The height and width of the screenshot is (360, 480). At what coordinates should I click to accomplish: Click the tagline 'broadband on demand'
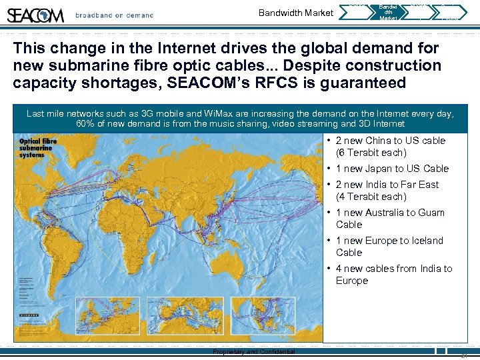[x=114, y=15]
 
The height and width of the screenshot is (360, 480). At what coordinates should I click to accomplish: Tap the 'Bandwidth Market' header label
[x=295, y=13]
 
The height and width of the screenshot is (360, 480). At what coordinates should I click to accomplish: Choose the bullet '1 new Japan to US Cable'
[x=392, y=169]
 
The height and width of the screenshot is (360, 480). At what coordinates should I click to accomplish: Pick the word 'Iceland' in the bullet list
[x=425, y=241]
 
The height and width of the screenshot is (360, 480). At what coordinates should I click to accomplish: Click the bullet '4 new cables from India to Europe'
[x=393, y=275]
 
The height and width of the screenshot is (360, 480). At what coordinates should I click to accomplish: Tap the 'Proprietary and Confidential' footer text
[x=253, y=351]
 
